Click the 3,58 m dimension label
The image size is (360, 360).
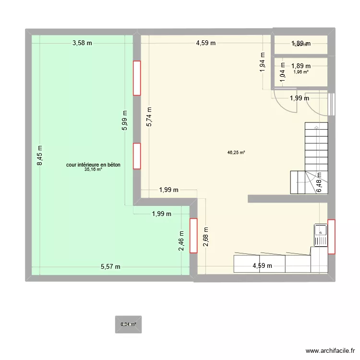tap(82, 43)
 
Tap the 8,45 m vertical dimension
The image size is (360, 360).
tap(40, 156)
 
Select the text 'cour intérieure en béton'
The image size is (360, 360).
tap(93, 165)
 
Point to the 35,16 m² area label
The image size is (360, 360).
tap(93, 169)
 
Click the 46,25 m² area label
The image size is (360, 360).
tap(236, 153)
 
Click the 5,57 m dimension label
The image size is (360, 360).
tap(110, 267)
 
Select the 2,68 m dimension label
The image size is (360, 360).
tap(205, 237)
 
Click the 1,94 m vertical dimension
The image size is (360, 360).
tap(262, 61)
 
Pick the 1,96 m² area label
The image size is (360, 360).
tap(301, 72)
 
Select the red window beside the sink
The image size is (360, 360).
tap(332, 236)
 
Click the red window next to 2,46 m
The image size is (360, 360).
tap(193, 235)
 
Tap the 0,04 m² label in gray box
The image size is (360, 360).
tap(128, 324)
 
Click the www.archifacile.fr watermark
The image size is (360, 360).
tap(329, 352)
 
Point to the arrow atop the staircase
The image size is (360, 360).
tap(316, 128)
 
